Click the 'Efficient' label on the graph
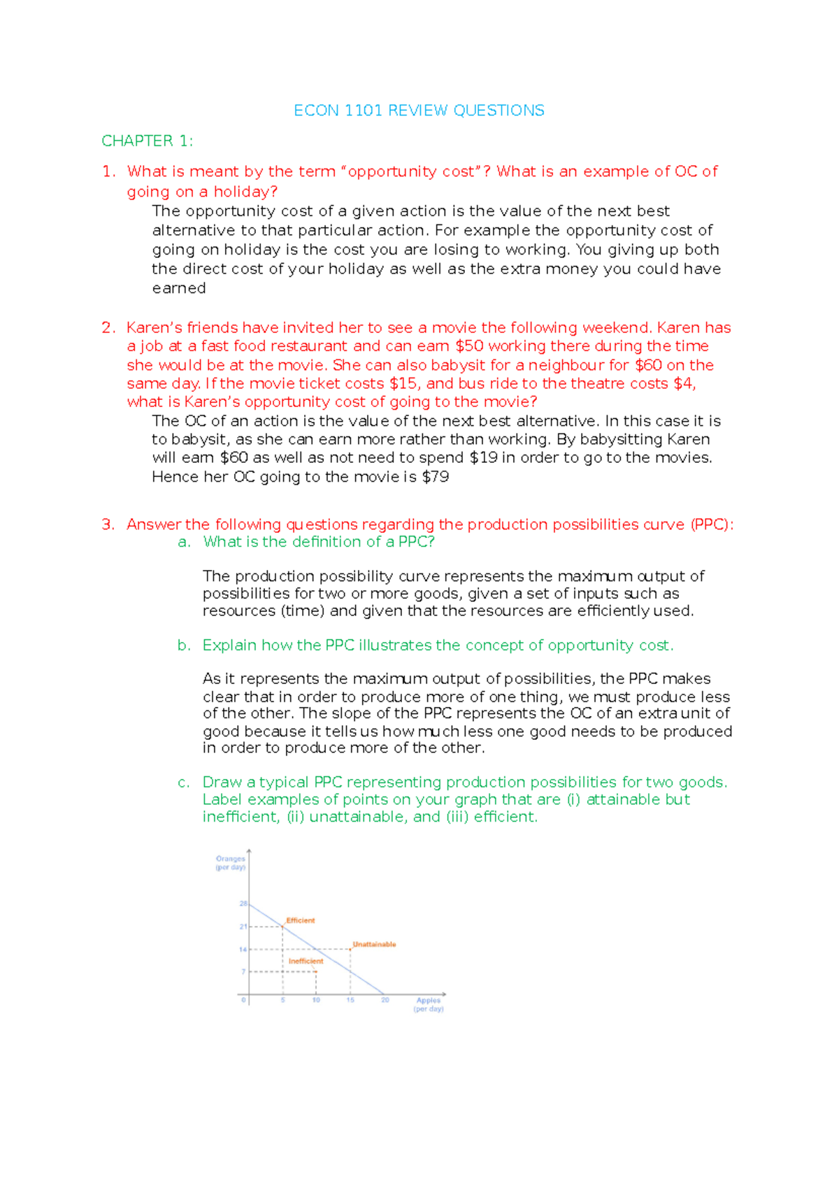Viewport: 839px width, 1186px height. tap(301, 920)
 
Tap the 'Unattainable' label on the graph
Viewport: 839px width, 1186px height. tap(374, 944)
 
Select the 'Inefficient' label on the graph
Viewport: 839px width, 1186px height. tap(306, 961)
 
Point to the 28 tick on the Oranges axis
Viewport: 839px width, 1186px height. tap(243, 903)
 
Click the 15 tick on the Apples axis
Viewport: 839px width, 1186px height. tap(350, 1000)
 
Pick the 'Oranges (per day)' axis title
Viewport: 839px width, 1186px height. tap(230, 863)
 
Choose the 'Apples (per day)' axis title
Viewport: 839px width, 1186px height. tap(429, 1004)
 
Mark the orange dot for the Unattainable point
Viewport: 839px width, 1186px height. tap(350, 949)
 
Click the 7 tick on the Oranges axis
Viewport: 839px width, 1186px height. tap(243, 971)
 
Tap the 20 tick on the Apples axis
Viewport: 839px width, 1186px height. tap(385, 1000)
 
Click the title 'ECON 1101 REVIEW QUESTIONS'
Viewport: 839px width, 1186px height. tap(419, 110)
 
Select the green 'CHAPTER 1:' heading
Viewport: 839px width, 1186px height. tap(147, 141)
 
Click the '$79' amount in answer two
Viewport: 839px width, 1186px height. tap(436, 477)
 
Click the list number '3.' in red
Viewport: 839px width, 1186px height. tap(108, 524)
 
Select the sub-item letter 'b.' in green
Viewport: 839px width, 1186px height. tap(184, 645)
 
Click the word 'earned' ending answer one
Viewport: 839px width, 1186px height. tap(179, 288)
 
